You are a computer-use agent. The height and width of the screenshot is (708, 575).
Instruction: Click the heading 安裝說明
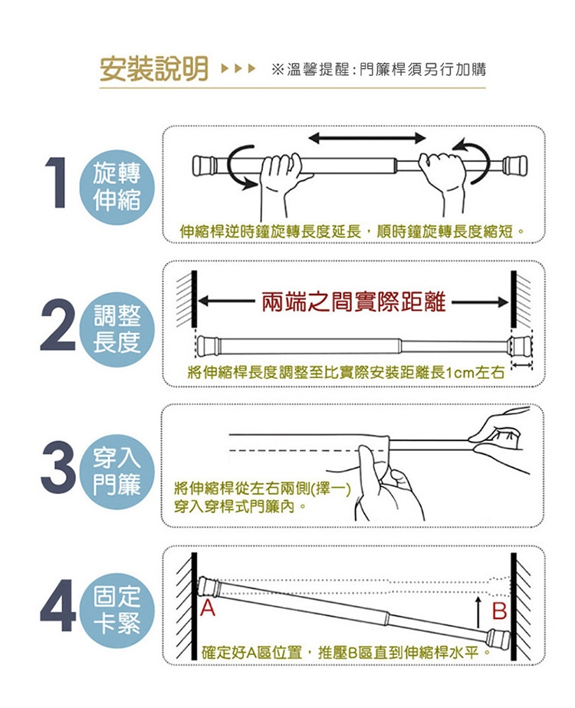click(x=154, y=69)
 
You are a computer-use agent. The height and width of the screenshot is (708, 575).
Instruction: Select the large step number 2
click(x=58, y=324)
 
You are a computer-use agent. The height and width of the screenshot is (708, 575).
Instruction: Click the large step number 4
click(x=58, y=606)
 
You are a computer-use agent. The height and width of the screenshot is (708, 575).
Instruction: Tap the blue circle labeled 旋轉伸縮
click(x=117, y=187)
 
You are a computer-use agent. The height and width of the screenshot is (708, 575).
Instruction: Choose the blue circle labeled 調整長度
click(x=117, y=329)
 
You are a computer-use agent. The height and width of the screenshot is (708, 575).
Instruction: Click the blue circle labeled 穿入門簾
click(x=117, y=472)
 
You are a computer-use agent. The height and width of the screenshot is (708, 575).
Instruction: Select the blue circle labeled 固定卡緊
click(x=117, y=610)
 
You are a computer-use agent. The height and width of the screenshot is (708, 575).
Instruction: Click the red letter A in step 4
click(x=208, y=608)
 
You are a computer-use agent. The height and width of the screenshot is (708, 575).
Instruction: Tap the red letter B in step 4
click(x=500, y=611)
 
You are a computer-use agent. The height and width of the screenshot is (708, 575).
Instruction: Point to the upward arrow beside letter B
click(x=478, y=612)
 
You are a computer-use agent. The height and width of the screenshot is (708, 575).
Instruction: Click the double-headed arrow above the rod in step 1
click(x=367, y=138)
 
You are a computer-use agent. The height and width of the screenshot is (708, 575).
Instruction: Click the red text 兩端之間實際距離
click(x=353, y=302)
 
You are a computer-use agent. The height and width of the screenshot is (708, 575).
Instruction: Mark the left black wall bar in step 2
click(x=194, y=299)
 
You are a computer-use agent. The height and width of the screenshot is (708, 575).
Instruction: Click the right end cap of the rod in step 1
click(x=514, y=165)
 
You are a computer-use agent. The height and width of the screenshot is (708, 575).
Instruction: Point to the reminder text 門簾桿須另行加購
click(x=422, y=70)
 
